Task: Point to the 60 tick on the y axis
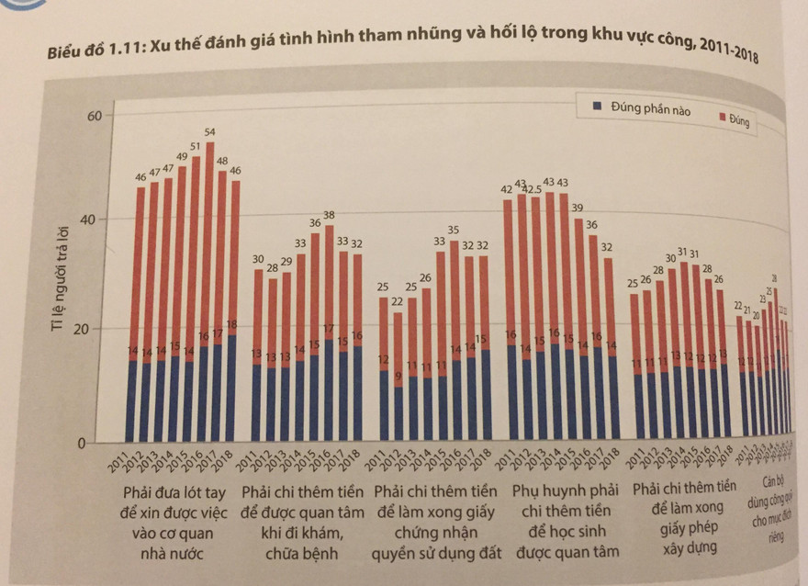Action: coord(94,115)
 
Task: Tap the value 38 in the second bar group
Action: coord(328,215)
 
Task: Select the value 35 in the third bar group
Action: coord(453,230)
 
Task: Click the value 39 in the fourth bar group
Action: coord(578,208)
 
